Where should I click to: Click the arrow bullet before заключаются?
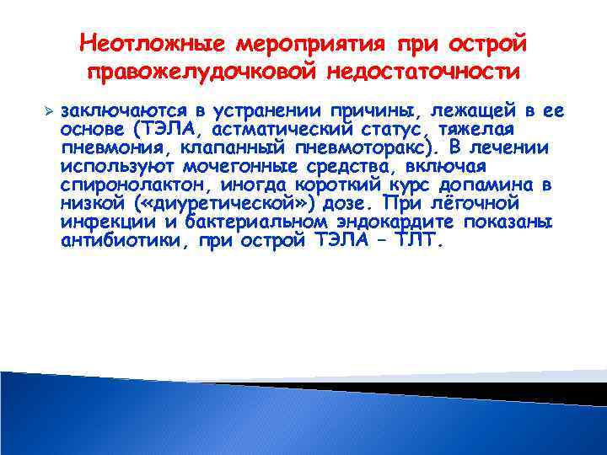click(49, 111)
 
